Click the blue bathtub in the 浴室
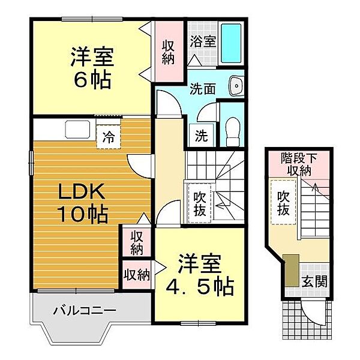point(231,43)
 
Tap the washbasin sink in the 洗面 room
point(236,85)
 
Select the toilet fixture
point(233,131)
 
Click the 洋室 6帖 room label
point(92,68)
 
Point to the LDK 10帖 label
point(83,203)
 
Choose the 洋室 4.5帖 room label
point(200,275)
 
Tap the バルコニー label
point(85,310)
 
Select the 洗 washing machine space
point(202,136)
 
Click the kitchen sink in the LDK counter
point(77,130)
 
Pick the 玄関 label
point(314,281)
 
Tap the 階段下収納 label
point(299,164)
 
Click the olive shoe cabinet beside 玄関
point(292,271)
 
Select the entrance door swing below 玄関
point(314,312)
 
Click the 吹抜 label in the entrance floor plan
point(283,203)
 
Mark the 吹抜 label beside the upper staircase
point(199,204)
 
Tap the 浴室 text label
point(203,42)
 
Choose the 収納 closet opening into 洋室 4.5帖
point(137,275)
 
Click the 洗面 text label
point(203,89)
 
